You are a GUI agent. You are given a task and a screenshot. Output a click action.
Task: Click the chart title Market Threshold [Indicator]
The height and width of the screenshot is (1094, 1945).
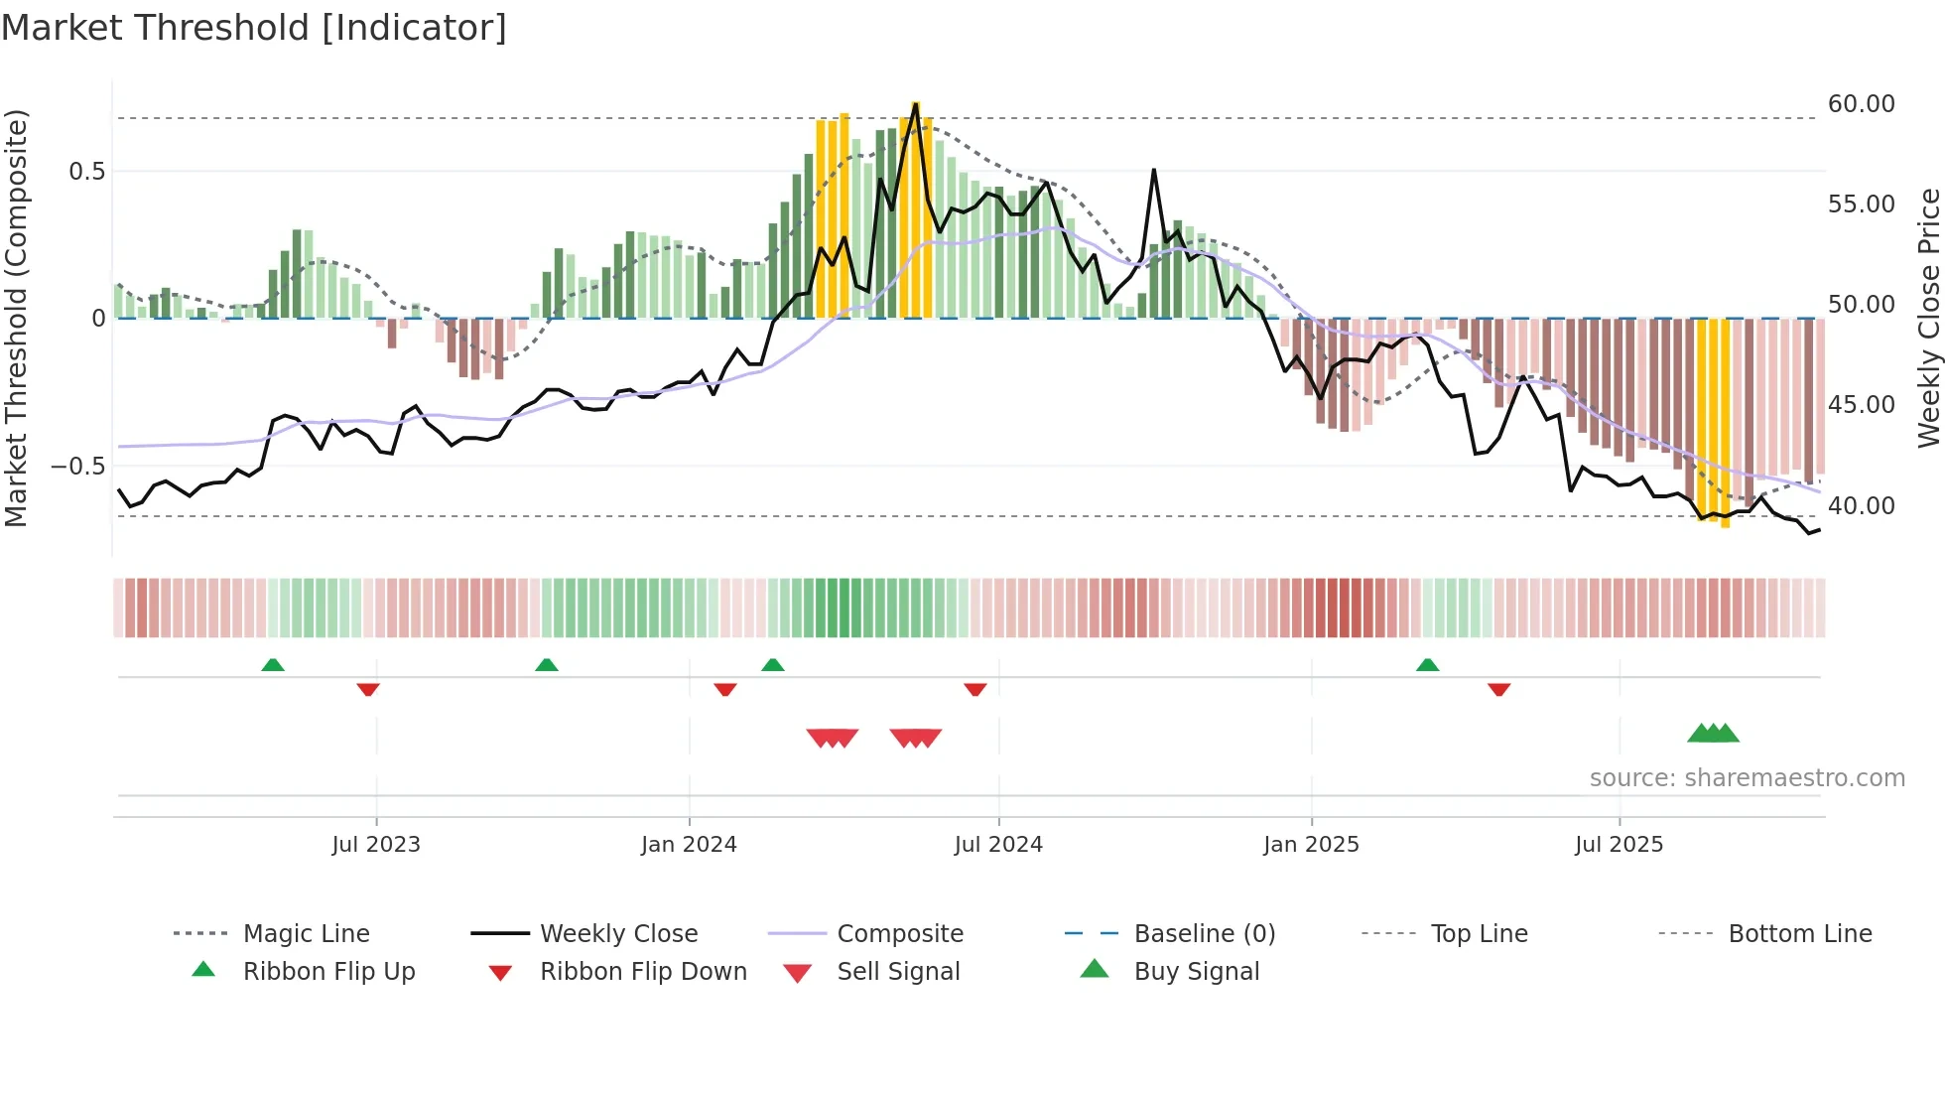pos(254,28)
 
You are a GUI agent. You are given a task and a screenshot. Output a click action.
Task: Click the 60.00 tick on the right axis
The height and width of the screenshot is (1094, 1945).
pos(1861,104)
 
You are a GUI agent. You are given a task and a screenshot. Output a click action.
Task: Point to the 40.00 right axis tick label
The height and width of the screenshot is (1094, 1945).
pos(1861,506)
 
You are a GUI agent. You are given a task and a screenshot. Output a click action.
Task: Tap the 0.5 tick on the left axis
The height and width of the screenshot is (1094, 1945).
pos(86,172)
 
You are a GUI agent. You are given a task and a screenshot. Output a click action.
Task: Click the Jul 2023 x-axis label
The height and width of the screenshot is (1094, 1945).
pos(376,845)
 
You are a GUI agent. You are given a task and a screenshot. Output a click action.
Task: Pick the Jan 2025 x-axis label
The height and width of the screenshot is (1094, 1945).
pos(1311,845)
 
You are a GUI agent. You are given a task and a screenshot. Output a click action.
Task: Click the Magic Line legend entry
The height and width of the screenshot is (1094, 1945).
pos(306,934)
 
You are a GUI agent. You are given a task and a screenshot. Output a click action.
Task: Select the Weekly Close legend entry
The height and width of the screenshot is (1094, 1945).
pos(618,934)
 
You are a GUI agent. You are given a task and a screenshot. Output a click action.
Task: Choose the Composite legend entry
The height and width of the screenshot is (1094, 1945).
pos(899,934)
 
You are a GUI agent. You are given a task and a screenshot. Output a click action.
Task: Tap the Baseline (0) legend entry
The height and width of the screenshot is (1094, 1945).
pos(1204,934)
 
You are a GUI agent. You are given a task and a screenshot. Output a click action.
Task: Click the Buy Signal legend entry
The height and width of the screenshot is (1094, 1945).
pos(1196,972)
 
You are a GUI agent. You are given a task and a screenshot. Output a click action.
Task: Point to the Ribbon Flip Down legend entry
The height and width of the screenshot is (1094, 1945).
pos(642,972)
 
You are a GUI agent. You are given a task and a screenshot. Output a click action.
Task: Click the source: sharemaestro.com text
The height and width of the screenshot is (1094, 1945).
pos(1747,778)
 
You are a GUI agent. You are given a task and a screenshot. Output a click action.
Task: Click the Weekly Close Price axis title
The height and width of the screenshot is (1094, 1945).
pos(1928,318)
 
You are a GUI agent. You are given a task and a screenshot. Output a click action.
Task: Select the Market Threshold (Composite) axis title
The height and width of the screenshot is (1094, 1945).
pos(16,318)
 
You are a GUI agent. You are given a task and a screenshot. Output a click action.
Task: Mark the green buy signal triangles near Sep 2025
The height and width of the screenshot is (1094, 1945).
pos(1714,734)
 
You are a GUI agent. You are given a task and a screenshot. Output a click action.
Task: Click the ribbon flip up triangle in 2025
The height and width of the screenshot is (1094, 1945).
pos(1427,665)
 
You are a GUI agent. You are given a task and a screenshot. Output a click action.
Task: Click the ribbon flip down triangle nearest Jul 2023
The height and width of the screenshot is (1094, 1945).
pos(368,689)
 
